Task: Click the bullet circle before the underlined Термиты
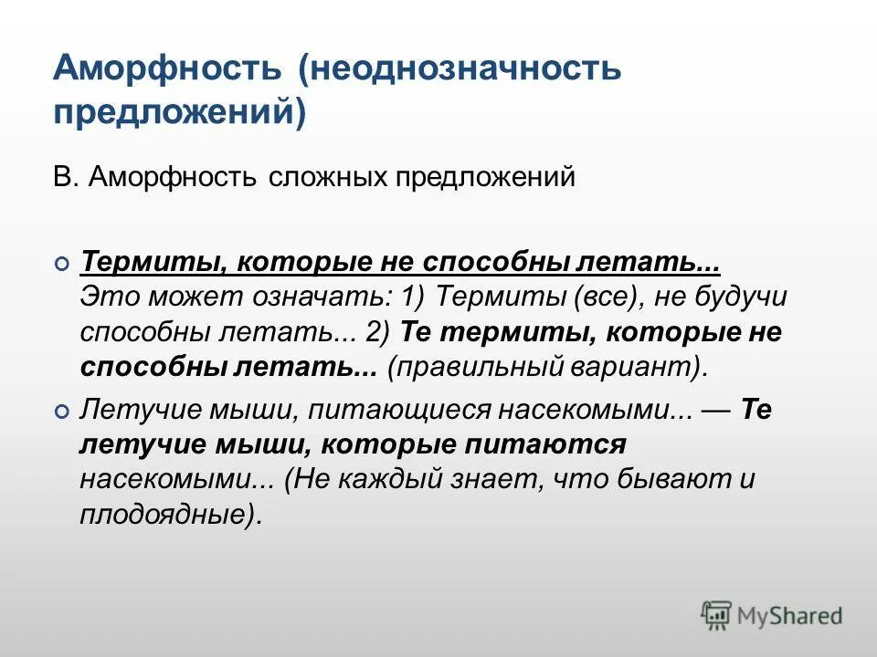pos(61,265)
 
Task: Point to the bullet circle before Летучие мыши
pos(61,412)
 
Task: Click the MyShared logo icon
pos(717,616)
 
